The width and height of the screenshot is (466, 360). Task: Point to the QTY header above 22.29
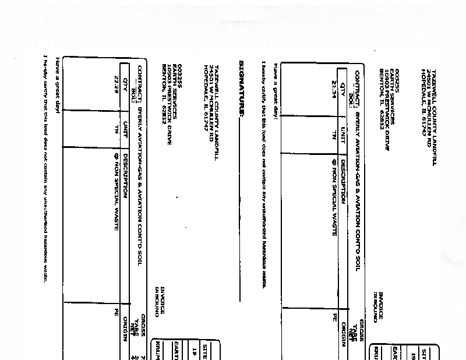click(x=125, y=81)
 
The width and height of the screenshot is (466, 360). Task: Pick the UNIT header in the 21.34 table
click(x=343, y=134)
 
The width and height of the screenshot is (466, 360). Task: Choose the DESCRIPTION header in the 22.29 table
click(x=125, y=175)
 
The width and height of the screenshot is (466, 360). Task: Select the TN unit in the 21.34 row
click(x=334, y=135)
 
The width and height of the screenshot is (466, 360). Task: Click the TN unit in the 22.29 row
click(x=116, y=129)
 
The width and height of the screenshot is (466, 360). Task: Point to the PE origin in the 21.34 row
click(x=335, y=317)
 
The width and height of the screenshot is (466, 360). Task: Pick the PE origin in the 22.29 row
click(x=116, y=313)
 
